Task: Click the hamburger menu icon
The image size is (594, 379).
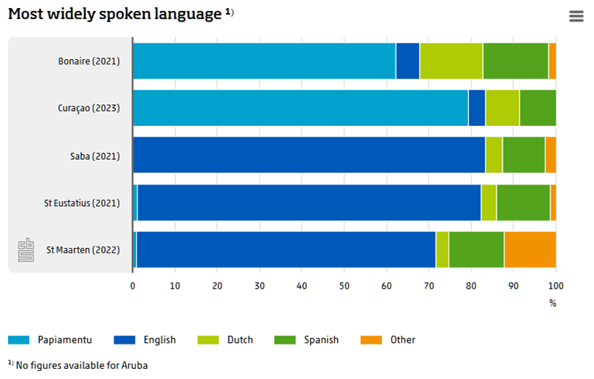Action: [x=576, y=16]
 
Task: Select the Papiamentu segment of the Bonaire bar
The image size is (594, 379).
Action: [x=263, y=61]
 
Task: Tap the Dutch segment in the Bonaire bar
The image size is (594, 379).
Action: [x=451, y=61]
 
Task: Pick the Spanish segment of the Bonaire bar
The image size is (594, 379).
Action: [x=515, y=61]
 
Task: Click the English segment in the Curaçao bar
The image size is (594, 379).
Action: [x=477, y=108]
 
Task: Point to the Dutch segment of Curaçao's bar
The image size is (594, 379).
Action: [x=502, y=108]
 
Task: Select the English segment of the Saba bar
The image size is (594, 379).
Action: [x=309, y=155]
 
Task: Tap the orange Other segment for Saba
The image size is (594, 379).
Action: [x=551, y=155]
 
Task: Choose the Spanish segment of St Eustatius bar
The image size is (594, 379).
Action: [x=523, y=203]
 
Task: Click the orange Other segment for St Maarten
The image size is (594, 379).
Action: [x=530, y=250]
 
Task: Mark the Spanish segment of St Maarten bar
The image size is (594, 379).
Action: [x=476, y=250]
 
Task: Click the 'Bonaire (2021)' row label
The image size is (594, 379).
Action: [x=89, y=61]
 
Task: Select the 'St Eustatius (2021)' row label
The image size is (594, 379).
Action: [x=82, y=203]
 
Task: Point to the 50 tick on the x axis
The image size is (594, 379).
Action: [x=344, y=286]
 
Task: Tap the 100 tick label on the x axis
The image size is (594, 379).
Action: [x=556, y=286]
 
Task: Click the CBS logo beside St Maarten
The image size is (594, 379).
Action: [x=26, y=251]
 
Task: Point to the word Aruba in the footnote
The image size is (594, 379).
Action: [x=135, y=365]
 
